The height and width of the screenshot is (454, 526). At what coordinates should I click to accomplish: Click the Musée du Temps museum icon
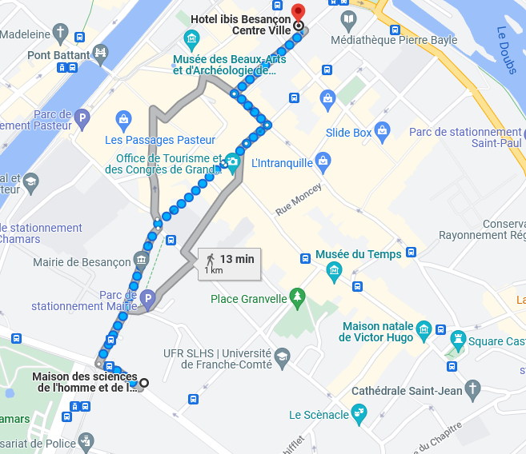tap(335, 273)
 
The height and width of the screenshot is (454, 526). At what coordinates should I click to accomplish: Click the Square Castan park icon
tap(458, 338)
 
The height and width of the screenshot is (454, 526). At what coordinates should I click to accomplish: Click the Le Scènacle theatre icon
tap(359, 414)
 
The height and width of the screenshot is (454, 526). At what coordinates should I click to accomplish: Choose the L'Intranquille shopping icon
tap(323, 162)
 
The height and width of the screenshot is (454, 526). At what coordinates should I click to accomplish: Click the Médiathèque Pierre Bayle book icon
tap(347, 19)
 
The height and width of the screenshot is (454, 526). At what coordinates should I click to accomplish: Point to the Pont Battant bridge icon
tap(100, 54)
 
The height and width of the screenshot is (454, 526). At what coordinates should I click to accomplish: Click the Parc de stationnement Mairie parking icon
tap(147, 301)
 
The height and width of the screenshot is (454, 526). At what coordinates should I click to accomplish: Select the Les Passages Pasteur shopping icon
tap(122, 121)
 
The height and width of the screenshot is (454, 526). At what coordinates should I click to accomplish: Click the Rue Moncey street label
tap(299, 200)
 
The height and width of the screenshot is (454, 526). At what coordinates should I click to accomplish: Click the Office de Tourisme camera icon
tap(232, 162)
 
